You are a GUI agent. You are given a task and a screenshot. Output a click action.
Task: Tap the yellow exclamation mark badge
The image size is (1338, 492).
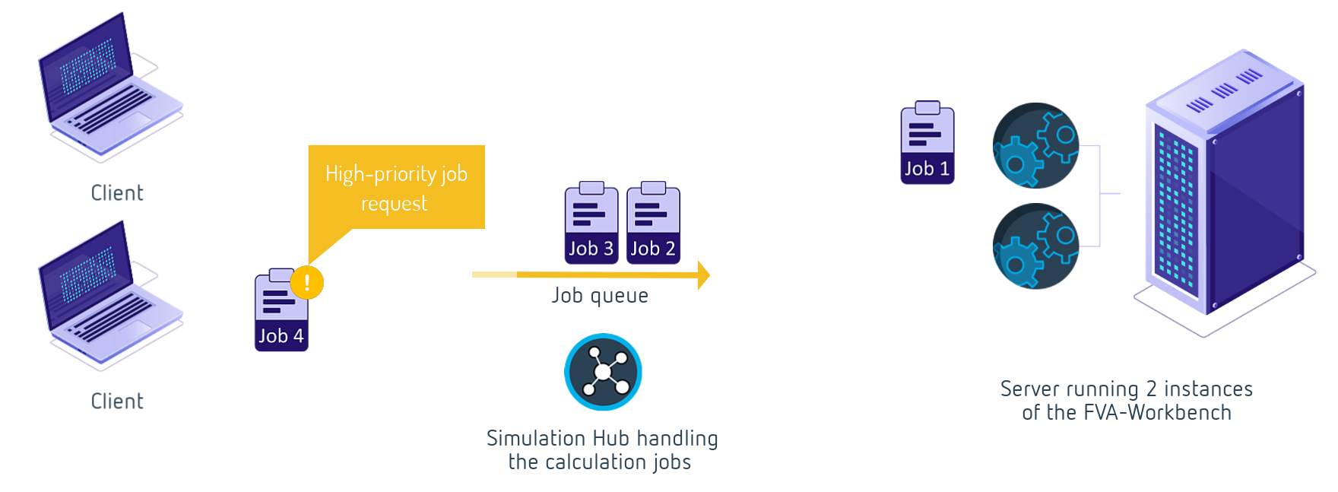pos(307,283)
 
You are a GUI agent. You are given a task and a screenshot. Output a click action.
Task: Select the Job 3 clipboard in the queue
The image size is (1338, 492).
pos(591,225)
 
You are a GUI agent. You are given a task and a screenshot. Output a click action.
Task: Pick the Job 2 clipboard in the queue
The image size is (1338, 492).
pos(652,225)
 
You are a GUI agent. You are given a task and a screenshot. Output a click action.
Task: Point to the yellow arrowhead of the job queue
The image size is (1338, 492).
pos(703,275)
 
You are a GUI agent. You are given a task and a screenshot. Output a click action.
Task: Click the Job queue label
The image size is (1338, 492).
pos(600,295)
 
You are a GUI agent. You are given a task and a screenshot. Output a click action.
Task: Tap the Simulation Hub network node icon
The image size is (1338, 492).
pos(603,372)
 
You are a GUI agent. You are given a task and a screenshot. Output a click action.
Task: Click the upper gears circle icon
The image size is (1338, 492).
pos(1035,145)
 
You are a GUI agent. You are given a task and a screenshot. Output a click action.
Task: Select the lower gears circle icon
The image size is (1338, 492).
pos(1035,246)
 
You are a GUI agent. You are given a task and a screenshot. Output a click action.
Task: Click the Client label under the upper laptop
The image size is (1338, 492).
pos(117,193)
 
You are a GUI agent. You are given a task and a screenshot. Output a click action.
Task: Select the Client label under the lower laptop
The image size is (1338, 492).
pos(117,402)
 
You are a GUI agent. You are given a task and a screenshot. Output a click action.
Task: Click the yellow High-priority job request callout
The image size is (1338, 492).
pos(396,188)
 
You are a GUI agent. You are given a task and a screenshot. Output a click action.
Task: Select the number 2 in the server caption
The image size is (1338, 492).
pos(1151,389)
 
